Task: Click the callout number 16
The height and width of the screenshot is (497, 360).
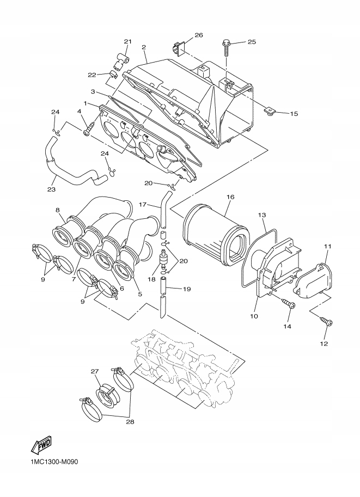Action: pos(230,196)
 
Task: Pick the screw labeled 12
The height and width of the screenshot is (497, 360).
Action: pos(328,323)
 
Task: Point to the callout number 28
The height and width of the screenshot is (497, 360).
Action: pos(130,421)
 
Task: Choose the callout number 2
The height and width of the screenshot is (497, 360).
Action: pos(144,47)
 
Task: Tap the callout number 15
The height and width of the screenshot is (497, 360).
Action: pos(294,114)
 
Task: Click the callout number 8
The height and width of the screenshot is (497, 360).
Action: pos(57,210)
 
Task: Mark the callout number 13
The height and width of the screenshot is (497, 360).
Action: pos(261,215)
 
